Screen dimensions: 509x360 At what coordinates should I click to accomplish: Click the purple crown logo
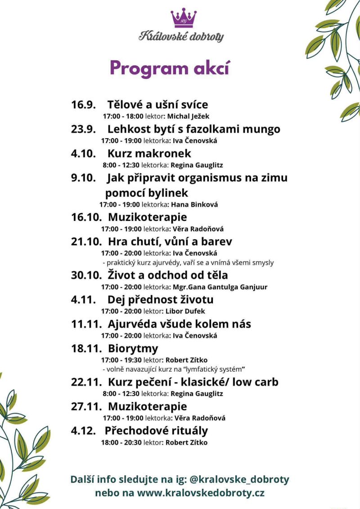click(x=184, y=18)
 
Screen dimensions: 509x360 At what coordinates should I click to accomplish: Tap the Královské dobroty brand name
click(x=181, y=36)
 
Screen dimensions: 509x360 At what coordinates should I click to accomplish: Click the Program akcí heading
click(x=170, y=68)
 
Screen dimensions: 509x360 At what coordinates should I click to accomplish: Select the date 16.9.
click(x=83, y=105)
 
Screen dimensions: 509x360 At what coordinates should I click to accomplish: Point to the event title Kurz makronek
click(x=149, y=153)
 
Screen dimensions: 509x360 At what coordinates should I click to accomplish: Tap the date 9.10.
click(x=83, y=178)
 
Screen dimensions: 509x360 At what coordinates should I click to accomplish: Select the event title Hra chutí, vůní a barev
click(x=170, y=241)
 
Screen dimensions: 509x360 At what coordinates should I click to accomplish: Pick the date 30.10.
click(x=86, y=275)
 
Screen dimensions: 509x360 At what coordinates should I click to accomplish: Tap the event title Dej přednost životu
click(x=160, y=299)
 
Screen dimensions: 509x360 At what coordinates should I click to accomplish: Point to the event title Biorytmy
click(x=133, y=348)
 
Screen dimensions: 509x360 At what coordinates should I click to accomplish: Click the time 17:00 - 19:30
click(x=121, y=360)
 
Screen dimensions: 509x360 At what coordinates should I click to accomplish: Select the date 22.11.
click(x=86, y=382)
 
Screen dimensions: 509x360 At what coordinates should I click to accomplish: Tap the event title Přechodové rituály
click(x=156, y=431)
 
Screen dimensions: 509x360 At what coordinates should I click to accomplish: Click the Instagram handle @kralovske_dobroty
click(x=239, y=479)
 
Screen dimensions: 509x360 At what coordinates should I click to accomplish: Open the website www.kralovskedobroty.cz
click(x=201, y=492)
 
